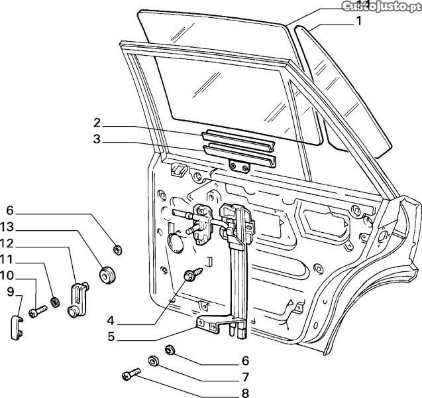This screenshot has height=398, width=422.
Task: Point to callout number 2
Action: pyautogui.click(x=97, y=123)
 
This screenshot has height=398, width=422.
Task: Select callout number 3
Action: pyautogui.click(x=97, y=139)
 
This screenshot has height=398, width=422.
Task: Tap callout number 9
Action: pyautogui.click(x=11, y=291)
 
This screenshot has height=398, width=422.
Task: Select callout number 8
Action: pyautogui.click(x=245, y=393)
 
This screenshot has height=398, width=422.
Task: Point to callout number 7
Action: pyautogui.click(x=245, y=377)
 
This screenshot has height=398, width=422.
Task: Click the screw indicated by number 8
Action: pyautogui.click(x=130, y=376)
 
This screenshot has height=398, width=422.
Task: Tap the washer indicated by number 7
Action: pyautogui.click(x=154, y=362)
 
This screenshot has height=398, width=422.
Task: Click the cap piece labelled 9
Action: pyautogui.click(x=17, y=327)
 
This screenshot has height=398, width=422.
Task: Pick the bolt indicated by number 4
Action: pyautogui.click(x=195, y=273)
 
